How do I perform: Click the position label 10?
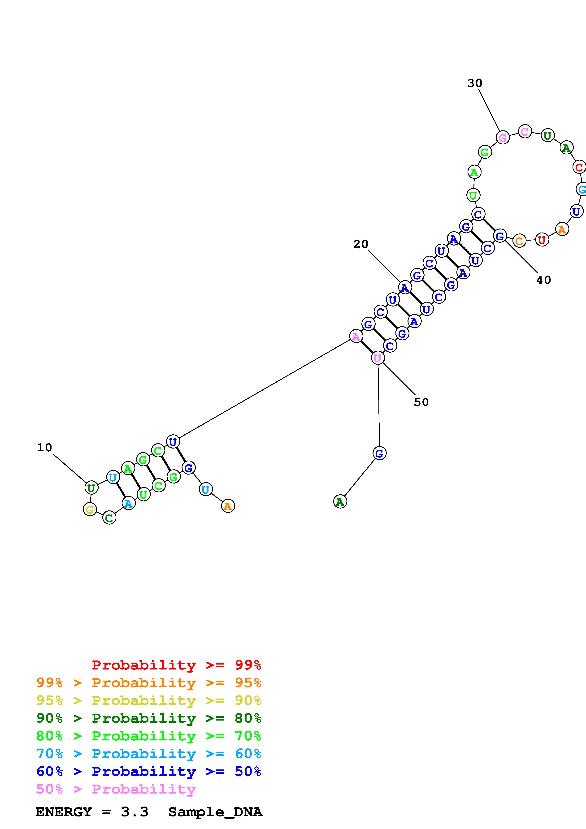tap(44, 448)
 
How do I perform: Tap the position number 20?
tap(360, 244)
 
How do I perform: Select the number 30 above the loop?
tap(474, 83)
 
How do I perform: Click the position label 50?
tap(421, 402)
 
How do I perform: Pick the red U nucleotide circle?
tap(541, 239)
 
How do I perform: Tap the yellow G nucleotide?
tap(90, 509)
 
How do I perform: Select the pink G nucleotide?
tap(503, 138)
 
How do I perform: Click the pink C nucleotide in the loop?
tap(525, 131)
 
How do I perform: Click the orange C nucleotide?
tap(519, 241)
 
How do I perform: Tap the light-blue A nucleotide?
tap(128, 503)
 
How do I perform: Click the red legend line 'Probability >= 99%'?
tap(176, 665)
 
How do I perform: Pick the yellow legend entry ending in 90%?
tap(148, 700)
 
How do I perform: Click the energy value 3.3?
tap(134, 812)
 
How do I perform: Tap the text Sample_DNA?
tap(215, 812)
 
